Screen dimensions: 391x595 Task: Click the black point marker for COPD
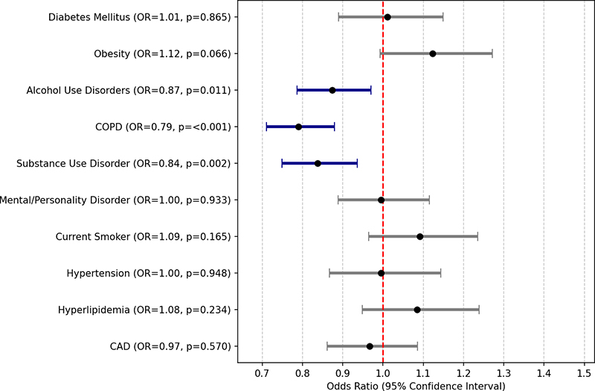pos(298,127)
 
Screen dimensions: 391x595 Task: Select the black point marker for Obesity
pos(433,54)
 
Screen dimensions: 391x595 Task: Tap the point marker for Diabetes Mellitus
pos(387,17)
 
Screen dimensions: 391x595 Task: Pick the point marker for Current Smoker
pos(420,236)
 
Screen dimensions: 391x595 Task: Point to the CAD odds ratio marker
pos(370,346)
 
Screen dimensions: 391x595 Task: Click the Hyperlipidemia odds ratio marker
pos(417,310)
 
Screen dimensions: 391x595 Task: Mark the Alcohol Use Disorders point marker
pos(332,90)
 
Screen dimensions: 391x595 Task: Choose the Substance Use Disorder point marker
pos(318,163)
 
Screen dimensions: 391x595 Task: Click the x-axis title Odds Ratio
pos(416,386)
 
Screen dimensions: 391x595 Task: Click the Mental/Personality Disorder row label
pos(115,200)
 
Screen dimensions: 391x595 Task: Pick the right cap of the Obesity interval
pos(492,54)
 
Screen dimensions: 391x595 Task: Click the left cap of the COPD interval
pos(266,127)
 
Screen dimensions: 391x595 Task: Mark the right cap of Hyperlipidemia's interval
pos(478,310)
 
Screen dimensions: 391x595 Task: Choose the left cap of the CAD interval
pos(327,346)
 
